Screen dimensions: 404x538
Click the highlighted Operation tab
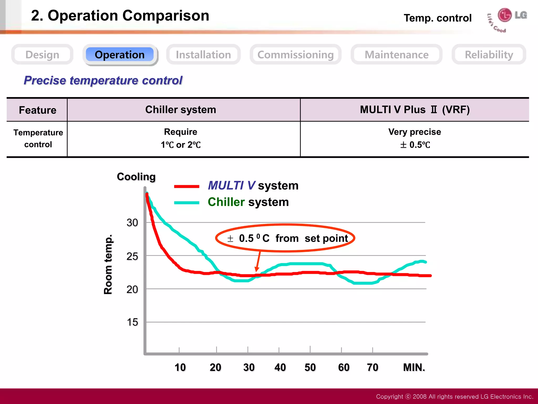[120, 55]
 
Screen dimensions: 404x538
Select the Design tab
[42, 55]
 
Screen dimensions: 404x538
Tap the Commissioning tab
[296, 55]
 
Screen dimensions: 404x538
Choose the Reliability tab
[489, 55]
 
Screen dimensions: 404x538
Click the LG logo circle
[505, 15]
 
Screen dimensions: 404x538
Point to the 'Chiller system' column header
[181, 110]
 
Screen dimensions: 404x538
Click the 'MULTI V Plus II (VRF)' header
[415, 110]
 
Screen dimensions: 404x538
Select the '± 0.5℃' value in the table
[415, 145]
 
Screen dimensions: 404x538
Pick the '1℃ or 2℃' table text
[181, 145]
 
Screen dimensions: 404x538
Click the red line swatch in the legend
[187, 186]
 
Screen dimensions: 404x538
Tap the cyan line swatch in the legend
[187, 203]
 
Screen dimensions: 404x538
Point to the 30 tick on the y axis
[132, 223]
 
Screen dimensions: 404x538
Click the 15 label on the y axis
[132, 322]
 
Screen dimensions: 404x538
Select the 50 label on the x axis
[310, 367]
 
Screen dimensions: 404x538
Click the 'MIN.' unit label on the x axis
[414, 367]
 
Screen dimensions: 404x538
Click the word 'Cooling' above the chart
[136, 177]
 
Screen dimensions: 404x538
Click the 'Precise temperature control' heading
[103, 80]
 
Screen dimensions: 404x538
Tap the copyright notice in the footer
[454, 396]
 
